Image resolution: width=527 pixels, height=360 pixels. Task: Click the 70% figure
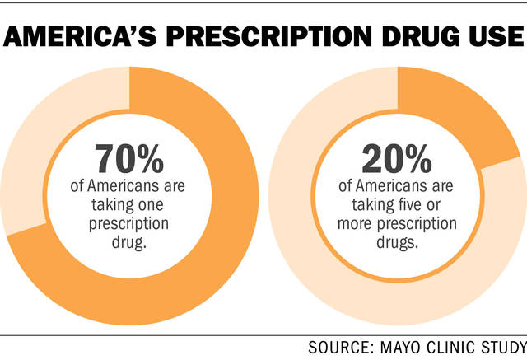click(x=133, y=158)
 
